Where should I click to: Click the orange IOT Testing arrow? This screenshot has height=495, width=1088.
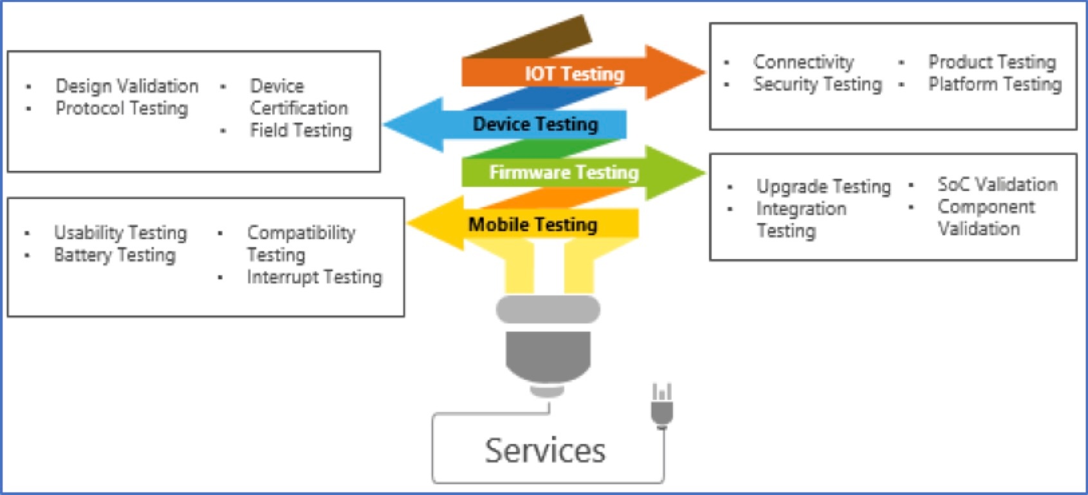(574, 73)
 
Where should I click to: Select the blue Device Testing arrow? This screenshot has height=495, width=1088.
(535, 124)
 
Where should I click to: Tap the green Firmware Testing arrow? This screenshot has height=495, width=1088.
(564, 172)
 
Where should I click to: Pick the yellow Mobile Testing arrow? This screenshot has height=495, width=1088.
(533, 224)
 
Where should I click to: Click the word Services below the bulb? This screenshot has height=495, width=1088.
(545, 451)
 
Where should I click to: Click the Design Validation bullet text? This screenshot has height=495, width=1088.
(127, 85)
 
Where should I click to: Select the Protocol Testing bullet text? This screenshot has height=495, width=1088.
(122, 108)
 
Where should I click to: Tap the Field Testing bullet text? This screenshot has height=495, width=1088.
(300, 130)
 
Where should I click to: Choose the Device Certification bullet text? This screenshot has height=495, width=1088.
(299, 97)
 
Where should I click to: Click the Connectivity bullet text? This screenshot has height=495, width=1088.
(803, 62)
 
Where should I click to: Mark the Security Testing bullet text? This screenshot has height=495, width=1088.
(817, 84)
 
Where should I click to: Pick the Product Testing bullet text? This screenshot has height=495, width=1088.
(991, 62)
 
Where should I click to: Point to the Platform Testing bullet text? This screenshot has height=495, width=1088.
(995, 84)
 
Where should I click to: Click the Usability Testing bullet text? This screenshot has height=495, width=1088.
(120, 232)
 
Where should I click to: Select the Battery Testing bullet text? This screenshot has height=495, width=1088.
(115, 255)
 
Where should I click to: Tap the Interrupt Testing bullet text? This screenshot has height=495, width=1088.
(314, 277)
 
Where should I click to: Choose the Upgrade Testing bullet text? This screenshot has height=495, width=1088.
(824, 186)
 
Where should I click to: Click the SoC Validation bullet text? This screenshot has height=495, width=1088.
(997, 184)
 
